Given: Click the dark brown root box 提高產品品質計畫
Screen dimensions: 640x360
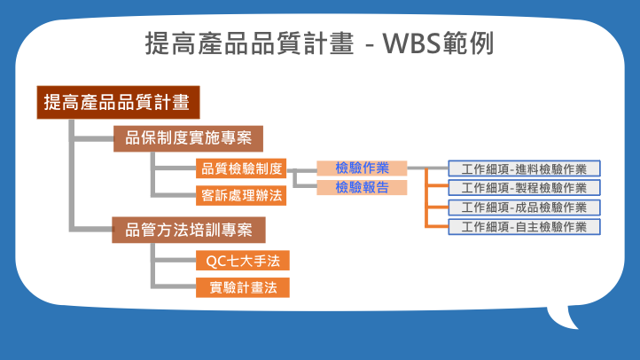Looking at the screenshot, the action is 119,103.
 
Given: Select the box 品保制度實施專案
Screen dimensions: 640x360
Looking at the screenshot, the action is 188,139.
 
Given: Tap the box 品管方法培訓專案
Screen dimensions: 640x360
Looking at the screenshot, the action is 189,231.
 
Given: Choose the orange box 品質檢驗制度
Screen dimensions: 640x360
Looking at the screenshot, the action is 241,168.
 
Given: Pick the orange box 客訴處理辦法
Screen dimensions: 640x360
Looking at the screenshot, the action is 241,195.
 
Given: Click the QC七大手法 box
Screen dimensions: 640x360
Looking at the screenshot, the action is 243,261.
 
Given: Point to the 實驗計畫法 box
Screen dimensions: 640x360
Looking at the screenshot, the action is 243,288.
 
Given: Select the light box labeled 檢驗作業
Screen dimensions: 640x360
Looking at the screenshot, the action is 362,168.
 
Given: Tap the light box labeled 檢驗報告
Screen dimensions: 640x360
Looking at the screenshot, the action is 362,187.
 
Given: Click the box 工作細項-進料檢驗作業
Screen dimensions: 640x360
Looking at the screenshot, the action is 524,168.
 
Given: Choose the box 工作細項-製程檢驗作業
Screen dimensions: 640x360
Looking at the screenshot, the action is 524,188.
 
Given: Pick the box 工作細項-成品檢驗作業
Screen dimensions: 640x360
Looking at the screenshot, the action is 524,207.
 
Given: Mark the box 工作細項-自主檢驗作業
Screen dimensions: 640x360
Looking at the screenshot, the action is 524,227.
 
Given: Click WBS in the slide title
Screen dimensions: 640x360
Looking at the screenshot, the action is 412,43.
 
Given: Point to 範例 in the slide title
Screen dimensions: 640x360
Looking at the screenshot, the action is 468,43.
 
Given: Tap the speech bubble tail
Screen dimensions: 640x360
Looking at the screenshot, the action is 563,317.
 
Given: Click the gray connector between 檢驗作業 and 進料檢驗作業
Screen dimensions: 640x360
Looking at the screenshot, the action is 428,168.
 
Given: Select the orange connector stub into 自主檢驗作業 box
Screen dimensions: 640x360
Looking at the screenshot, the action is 438,226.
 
